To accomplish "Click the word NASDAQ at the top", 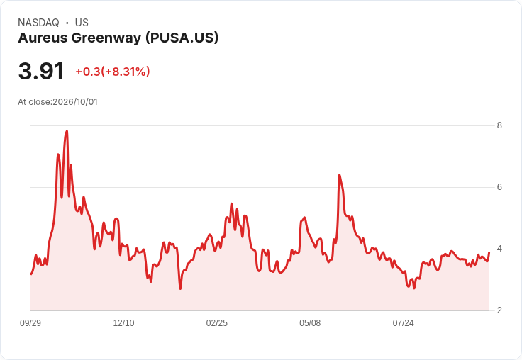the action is (x=38, y=23).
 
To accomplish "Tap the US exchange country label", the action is (x=82, y=23).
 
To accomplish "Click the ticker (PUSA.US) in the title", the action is (x=182, y=38).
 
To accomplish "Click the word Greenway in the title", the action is (x=106, y=38).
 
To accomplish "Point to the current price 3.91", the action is (x=41, y=72).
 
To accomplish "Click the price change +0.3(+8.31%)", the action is (x=113, y=72).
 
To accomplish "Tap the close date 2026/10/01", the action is (x=75, y=102).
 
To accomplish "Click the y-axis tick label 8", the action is (x=499, y=125).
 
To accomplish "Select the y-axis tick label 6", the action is (x=499, y=187).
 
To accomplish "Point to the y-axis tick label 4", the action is (x=499, y=249).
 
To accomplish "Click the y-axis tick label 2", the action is (x=499, y=310).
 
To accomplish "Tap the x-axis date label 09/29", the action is (x=30, y=323).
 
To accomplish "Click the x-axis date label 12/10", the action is (x=123, y=323).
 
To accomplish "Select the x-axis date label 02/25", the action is (x=217, y=323).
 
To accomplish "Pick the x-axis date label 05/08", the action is (x=310, y=323).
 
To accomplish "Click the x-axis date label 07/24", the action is (x=403, y=323).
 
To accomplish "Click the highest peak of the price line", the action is (x=67, y=131).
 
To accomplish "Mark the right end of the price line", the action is (x=489, y=252).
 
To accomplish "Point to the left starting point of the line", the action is (x=30, y=274).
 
